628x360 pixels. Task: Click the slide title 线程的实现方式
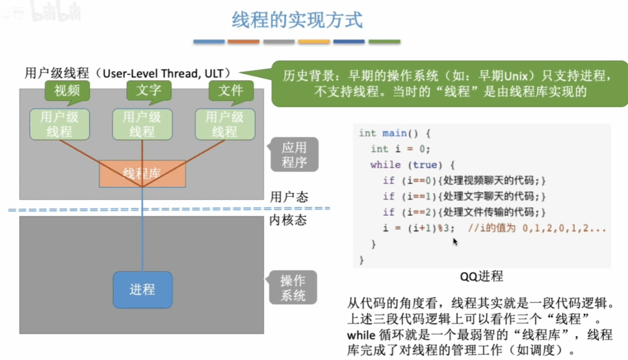[x=297, y=20]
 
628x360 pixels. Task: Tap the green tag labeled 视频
[x=67, y=91]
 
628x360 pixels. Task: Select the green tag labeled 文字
[x=149, y=91]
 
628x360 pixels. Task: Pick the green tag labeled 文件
[x=231, y=91]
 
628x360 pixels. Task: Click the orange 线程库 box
[x=142, y=174]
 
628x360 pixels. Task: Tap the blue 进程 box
[x=142, y=289]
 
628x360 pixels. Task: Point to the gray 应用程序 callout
[x=294, y=155]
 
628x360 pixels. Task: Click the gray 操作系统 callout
[x=293, y=288]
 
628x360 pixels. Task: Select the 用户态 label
[x=289, y=197]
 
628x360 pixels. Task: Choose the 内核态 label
[x=288, y=220]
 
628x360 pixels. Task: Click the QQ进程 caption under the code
[x=481, y=277]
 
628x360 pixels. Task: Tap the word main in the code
[x=394, y=133]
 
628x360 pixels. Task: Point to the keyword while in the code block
[x=385, y=164]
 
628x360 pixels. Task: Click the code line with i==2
[x=464, y=212]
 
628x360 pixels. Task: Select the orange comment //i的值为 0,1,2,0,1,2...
[x=537, y=228]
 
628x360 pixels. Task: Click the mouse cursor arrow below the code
[x=455, y=242]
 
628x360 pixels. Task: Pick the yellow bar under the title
[x=314, y=42]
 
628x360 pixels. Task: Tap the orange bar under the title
[x=243, y=42]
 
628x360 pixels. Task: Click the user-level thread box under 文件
[x=225, y=124]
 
